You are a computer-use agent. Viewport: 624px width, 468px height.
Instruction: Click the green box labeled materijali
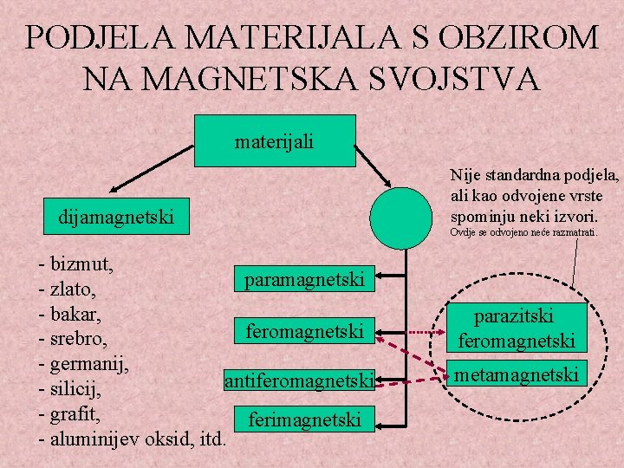[x=275, y=140]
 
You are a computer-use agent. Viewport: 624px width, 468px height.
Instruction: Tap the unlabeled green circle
[x=400, y=218]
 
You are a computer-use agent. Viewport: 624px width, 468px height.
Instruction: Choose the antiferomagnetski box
[x=299, y=380]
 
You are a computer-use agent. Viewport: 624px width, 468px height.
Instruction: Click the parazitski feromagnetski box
[x=517, y=328]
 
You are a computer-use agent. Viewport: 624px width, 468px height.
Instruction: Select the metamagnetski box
[x=517, y=374]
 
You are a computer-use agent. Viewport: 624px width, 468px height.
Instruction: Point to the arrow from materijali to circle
[x=375, y=165]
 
